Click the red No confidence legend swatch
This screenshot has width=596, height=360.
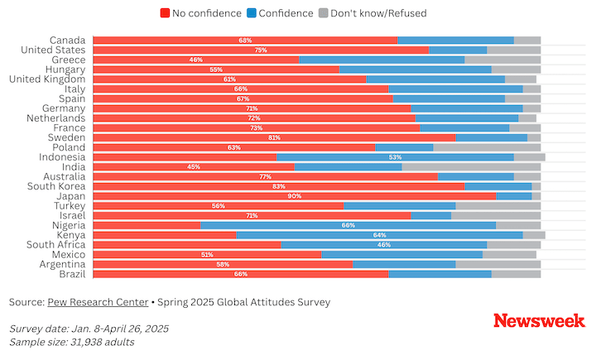tap(165, 13)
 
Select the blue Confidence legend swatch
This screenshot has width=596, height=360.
tap(252, 13)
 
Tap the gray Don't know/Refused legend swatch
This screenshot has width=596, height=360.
tap(323, 13)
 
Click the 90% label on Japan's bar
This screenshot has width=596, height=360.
tap(295, 196)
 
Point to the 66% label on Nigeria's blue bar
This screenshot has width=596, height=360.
tap(348, 225)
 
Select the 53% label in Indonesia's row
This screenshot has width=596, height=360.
tap(396, 157)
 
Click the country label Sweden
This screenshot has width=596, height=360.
tap(66, 137)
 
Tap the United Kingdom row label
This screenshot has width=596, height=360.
tap(47, 79)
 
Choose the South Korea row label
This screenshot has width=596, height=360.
tap(56, 186)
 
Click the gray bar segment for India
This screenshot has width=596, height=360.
tap(471, 167)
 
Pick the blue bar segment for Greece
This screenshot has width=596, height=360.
tap(382, 60)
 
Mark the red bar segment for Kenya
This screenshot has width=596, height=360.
tap(165, 235)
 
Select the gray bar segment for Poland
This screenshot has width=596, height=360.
tap(487, 147)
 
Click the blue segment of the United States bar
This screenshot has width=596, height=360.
tap(458, 50)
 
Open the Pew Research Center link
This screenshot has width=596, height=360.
tap(98, 302)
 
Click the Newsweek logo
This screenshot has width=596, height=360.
tap(540, 320)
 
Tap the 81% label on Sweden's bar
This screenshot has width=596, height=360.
tap(275, 137)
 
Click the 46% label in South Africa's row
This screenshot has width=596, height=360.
tap(384, 245)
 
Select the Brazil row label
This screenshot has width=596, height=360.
tap(72, 274)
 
